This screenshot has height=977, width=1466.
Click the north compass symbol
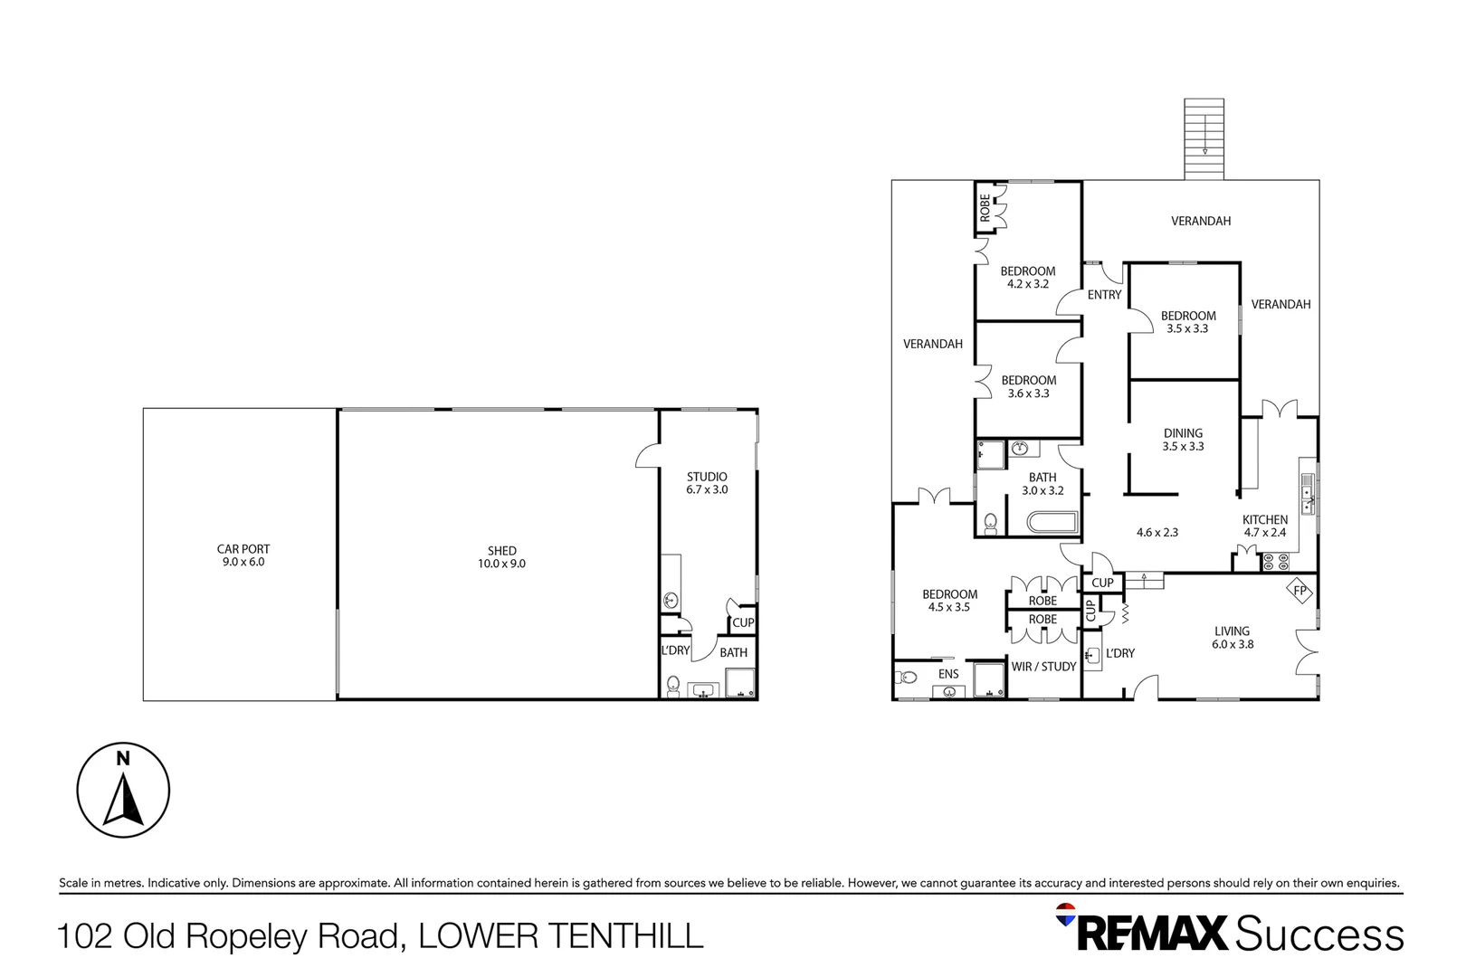[x=123, y=791]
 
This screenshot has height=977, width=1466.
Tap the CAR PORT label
[x=243, y=555]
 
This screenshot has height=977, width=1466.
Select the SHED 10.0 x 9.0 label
[x=501, y=557]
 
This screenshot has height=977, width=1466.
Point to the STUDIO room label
[x=707, y=483]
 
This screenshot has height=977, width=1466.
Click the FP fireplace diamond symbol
[x=1300, y=592]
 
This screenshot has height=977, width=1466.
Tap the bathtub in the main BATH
[x=1052, y=523]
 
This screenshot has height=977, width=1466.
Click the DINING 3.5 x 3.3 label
[x=1183, y=440]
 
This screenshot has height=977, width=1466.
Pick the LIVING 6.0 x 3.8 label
[x=1232, y=638]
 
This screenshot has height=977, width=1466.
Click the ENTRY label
[x=1104, y=295]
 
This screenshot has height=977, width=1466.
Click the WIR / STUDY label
[x=1043, y=667]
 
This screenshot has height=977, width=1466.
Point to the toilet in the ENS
[x=907, y=677]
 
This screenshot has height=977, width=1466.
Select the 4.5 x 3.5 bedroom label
[x=949, y=601]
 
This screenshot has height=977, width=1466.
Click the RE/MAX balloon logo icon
[x=1066, y=914]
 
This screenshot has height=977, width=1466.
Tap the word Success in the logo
[x=1318, y=934]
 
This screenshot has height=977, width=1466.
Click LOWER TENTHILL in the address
[x=560, y=935]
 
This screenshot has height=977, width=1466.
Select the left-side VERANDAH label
[x=932, y=344]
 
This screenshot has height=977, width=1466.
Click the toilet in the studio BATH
[x=673, y=687]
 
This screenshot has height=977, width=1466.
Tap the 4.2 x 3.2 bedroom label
[x=1027, y=278]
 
